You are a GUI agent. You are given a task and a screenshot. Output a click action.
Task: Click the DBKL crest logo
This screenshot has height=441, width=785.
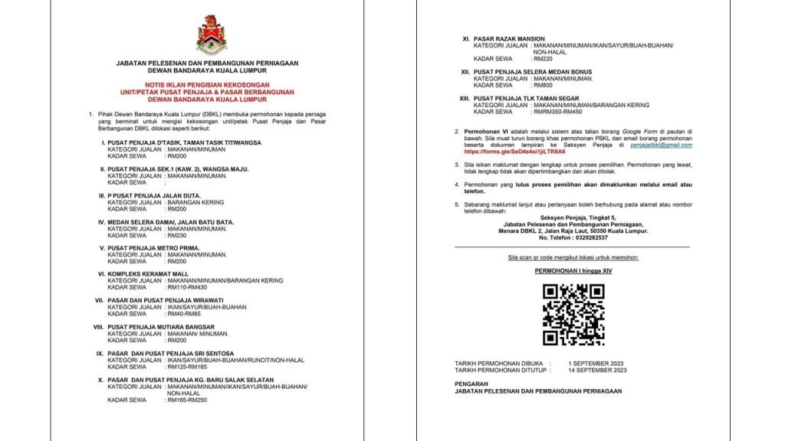pyautogui.click(x=211, y=34)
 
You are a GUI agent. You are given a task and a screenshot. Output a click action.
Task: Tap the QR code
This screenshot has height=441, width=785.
pyautogui.click(x=573, y=314)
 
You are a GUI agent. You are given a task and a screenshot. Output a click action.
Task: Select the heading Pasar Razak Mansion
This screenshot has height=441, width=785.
pyautogui.click(x=509, y=38)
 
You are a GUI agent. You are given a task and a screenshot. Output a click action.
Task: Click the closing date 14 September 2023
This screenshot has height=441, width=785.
pyautogui.click(x=597, y=370)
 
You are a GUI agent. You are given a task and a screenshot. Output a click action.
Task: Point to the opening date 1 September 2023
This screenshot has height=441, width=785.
pyautogui.click(x=595, y=363)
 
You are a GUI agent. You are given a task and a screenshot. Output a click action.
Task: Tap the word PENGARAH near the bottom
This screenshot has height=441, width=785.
pyautogui.click(x=470, y=384)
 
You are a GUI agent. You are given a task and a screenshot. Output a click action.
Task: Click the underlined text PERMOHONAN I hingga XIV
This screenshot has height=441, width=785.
pyautogui.click(x=573, y=270)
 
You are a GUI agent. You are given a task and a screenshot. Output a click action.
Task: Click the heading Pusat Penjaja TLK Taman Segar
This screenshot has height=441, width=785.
pyautogui.click(x=529, y=97)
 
